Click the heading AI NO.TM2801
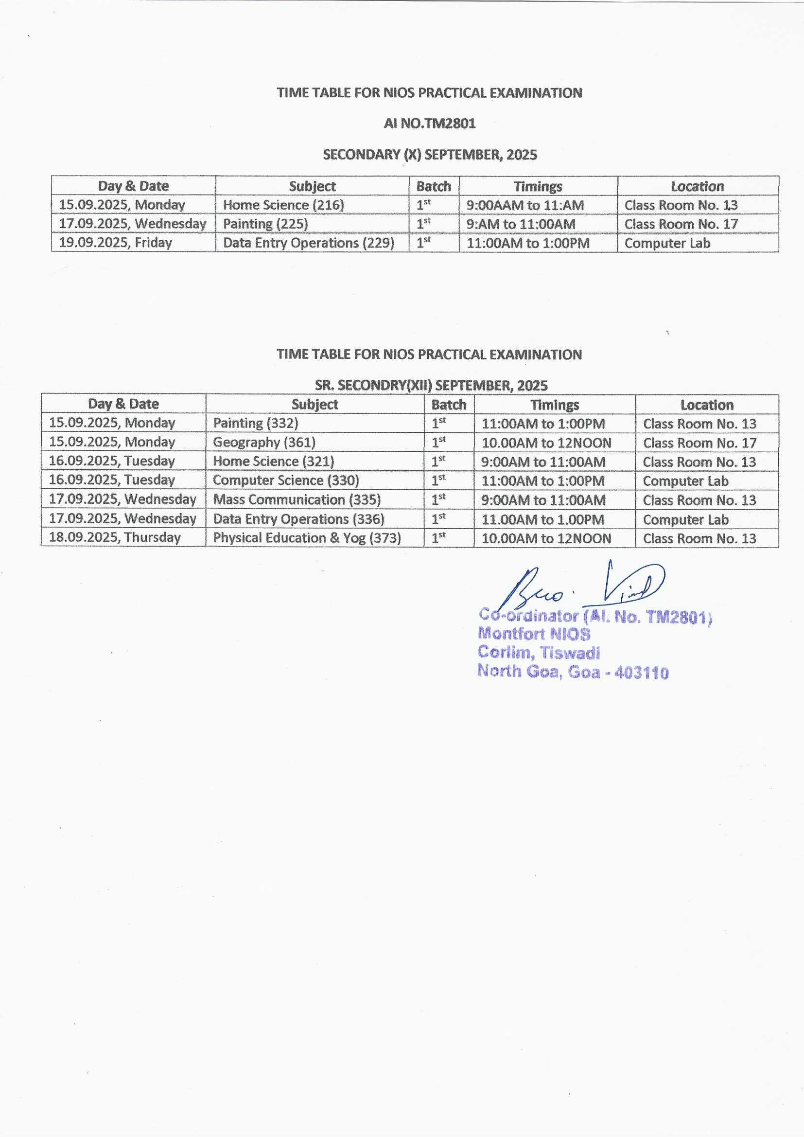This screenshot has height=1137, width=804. tap(429, 124)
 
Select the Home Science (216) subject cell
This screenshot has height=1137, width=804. tap(283, 205)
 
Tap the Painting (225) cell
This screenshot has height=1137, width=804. tap(265, 224)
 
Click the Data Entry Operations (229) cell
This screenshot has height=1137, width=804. tap(309, 243)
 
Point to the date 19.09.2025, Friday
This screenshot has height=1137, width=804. tap(115, 243)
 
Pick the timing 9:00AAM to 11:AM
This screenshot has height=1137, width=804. tap(525, 205)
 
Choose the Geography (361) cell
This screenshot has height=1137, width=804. tap(264, 442)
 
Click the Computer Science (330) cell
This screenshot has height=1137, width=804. tap(286, 480)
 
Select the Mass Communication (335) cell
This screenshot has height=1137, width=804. tap(297, 499)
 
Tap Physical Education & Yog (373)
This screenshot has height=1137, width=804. tap(306, 538)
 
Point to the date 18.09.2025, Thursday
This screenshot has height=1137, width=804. tap(114, 538)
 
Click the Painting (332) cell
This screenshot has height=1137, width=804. tap(256, 423)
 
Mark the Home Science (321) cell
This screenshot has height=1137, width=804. tap(273, 462)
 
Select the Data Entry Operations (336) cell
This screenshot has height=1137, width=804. tap(298, 519)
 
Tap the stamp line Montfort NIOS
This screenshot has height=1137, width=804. tap(534, 634)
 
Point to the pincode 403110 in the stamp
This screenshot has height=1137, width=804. tap(641, 673)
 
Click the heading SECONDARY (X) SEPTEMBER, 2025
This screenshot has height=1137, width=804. tap(430, 155)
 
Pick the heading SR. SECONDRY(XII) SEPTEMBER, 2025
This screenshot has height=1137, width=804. tap(431, 385)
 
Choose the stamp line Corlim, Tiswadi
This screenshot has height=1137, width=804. tap(539, 653)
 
